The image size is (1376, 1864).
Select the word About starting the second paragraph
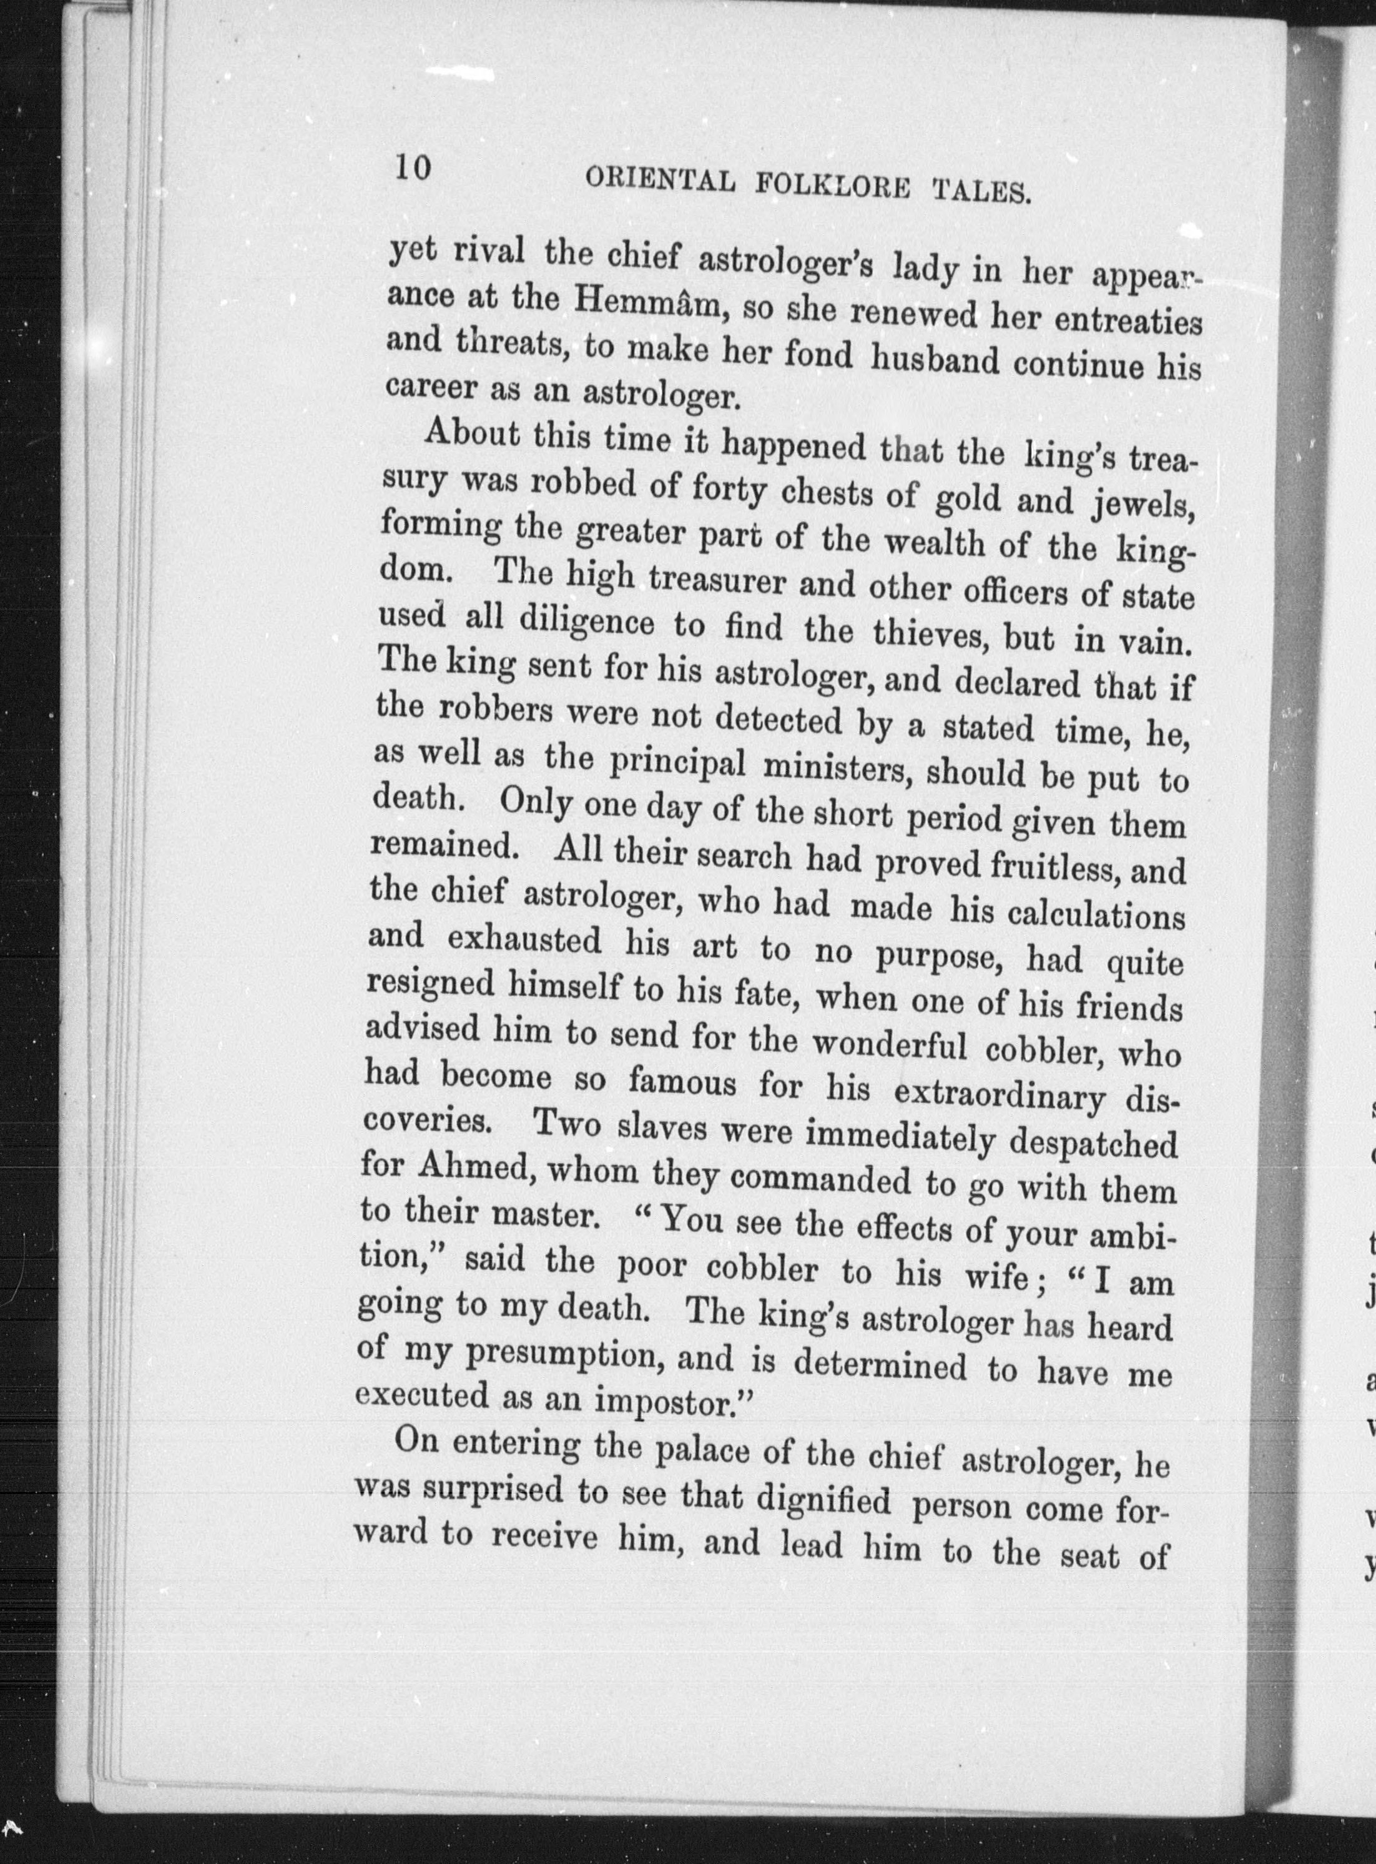pos(471,435)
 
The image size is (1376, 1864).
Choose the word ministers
pos(833,771)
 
